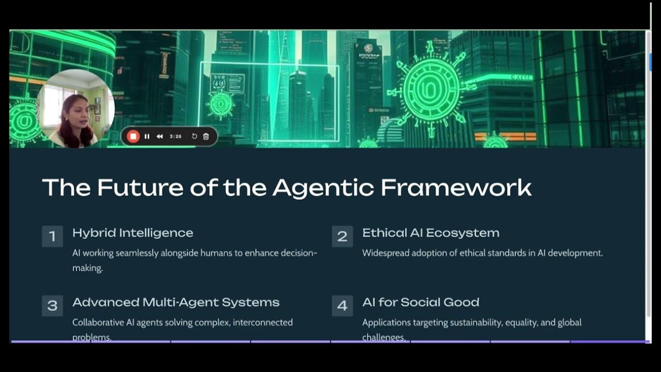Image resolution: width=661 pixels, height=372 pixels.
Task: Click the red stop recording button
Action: click(133, 136)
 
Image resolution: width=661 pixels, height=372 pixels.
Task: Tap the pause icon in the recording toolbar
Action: click(147, 136)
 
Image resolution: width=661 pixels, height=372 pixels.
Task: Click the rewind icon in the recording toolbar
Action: click(160, 136)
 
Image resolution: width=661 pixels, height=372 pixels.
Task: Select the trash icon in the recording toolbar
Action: click(206, 136)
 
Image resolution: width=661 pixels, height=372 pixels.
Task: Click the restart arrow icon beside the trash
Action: click(194, 136)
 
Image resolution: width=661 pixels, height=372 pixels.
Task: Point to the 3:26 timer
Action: click(176, 136)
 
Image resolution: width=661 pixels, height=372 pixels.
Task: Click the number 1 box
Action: click(52, 237)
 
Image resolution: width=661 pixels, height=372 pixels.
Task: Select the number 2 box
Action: click(342, 237)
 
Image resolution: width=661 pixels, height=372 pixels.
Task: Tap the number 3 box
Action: click(52, 306)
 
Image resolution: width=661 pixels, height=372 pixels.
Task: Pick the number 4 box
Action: click(342, 306)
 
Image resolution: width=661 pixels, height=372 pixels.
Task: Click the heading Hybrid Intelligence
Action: click(133, 233)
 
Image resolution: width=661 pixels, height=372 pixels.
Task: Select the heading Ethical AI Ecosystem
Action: click(431, 233)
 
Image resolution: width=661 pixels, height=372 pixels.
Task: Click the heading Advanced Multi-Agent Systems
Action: click(176, 302)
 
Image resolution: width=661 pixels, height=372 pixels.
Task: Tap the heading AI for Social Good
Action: click(420, 302)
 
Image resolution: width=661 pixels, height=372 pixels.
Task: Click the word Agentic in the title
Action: click(323, 188)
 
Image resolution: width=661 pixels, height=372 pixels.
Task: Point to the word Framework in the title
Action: click(456, 188)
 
